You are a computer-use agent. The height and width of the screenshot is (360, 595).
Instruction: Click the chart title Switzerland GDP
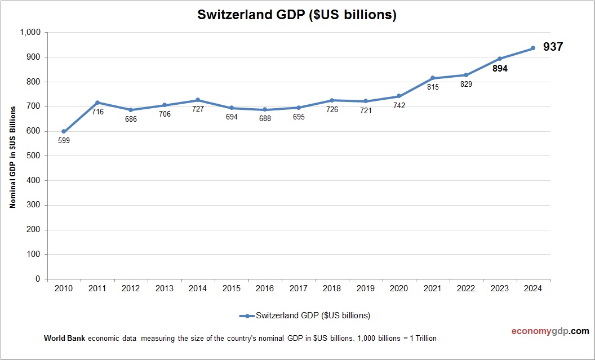(x=297, y=15)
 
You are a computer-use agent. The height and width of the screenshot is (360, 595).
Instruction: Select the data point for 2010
(x=64, y=131)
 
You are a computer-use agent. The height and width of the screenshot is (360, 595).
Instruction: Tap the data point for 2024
(x=532, y=48)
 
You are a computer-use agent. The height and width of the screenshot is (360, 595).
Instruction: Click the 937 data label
(x=553, y=47)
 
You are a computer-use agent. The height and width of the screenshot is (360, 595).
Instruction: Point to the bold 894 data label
(x=499, y=69)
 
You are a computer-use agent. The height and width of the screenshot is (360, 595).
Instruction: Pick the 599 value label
(x=64, y=141)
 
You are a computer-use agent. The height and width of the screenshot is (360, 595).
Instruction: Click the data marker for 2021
(x=432, y=78)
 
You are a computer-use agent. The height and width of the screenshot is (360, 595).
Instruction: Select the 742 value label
(x=399, y=105)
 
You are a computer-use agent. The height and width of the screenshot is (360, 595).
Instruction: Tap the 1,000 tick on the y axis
(x=30, y=33)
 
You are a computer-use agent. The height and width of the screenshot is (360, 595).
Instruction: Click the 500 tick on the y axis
(x=34, y=156)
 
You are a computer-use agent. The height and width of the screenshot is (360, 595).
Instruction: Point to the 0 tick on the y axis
(x=38, y=279)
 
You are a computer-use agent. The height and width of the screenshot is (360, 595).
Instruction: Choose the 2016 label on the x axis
(x=265, y=289)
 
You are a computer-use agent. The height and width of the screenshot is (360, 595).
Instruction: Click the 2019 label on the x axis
(x=365, y=289)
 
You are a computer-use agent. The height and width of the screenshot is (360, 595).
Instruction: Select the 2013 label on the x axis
(x=164, y=289)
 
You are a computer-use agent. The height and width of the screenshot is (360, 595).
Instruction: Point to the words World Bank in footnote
(x=64, y=339)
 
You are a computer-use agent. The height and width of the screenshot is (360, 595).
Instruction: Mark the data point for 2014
(x=198, y=100)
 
